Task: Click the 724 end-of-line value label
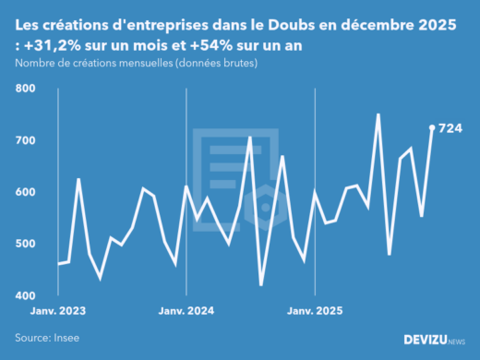pos(450,128)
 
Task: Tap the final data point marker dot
pos(432,128)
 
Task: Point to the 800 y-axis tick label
pos(25,89)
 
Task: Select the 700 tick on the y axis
pos(25,140)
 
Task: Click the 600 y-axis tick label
pos(25,192)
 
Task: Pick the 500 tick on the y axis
pos(25,244)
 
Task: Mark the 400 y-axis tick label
pos(25,295)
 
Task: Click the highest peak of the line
pos(378,114)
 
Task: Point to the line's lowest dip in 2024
pos(261,285)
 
